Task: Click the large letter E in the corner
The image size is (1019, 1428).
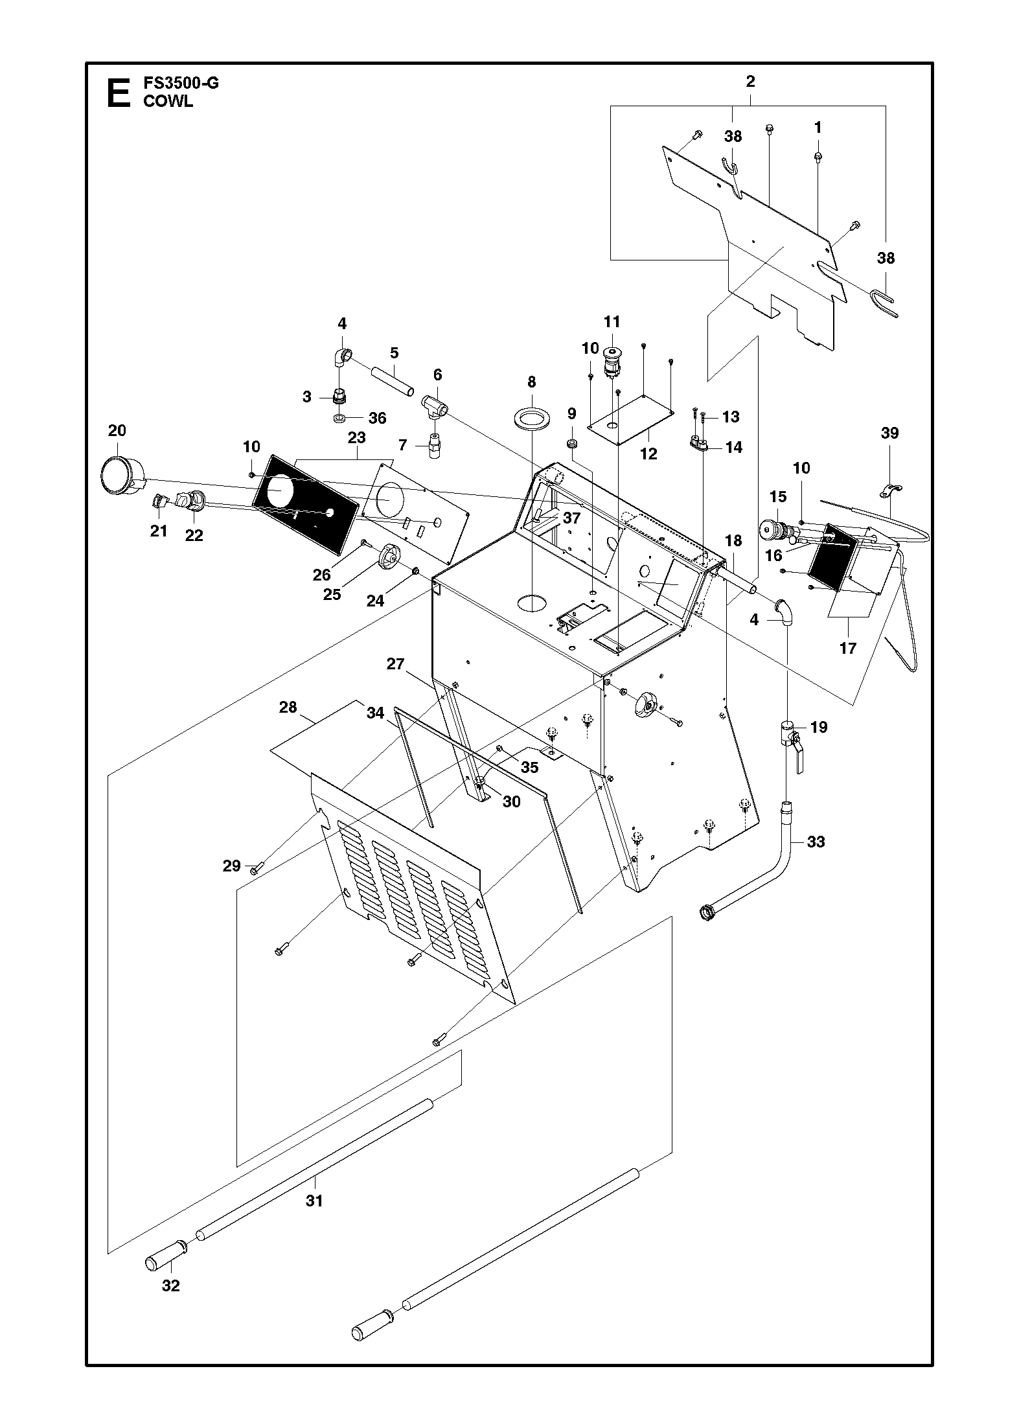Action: click(119, 93)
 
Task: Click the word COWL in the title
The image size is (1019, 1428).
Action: click(168, 102)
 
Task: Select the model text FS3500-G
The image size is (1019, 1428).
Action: click(181, 84)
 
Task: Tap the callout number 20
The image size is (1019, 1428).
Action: click(117, 430)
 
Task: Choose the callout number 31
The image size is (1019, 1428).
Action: click(314, 1201)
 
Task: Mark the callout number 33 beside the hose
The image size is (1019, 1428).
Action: click(816, 842)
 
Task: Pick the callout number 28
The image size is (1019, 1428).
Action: click(288, 707)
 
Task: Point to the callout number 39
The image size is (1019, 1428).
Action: click(890, 433)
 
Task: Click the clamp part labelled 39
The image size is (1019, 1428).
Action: click(891, 490)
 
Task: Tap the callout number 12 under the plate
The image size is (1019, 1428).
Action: click(648, 454)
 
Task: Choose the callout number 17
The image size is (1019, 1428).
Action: click(848, 647)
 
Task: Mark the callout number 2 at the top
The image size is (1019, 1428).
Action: click(750, 82)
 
